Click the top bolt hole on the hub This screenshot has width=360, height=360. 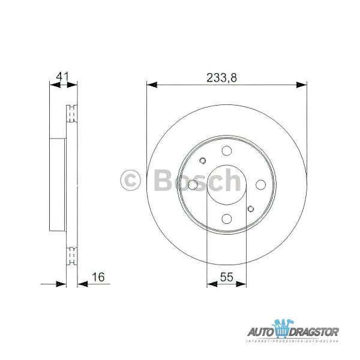click(226, 151)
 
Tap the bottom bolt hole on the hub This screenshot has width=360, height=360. click(226, 219)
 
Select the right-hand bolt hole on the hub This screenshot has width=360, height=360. click(260, 185)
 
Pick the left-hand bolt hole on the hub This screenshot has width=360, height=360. click(193, 185)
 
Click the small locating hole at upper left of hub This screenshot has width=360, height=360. click(202, 161)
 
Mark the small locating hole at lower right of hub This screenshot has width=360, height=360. click(250, 210)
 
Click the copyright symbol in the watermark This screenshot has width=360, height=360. click(131, 179)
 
